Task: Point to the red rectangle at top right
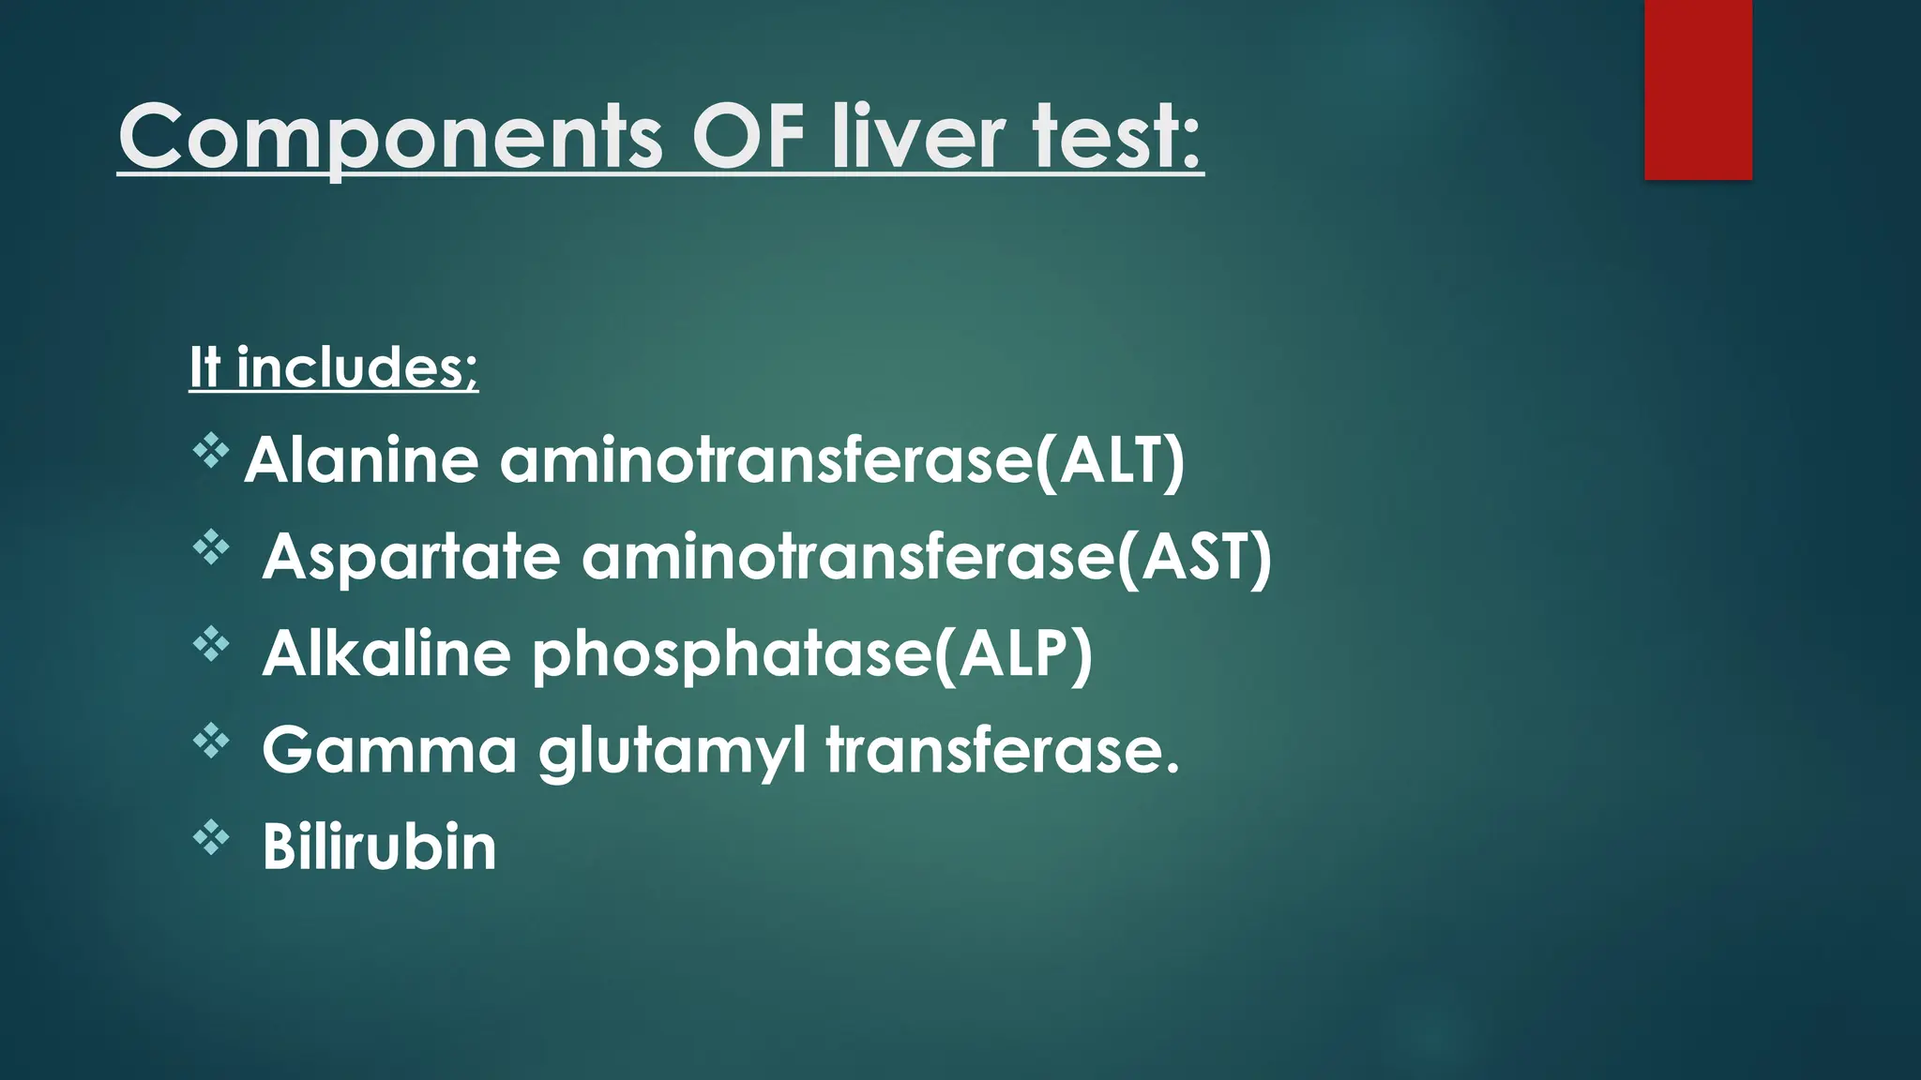tap(1698, 90)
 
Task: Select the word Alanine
tap(361, 460)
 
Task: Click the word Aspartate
tap(411, 557)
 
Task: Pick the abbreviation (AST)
tap(1193, 557)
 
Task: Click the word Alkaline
tap(386, 653)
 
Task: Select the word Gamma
tap(389, 750)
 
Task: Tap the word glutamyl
tap(672, 750)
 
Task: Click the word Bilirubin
tap(379, 847)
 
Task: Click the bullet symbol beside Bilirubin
tap(211, 837)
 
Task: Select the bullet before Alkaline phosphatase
tap(211, 644)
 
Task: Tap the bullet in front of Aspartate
tap(211, 547)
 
